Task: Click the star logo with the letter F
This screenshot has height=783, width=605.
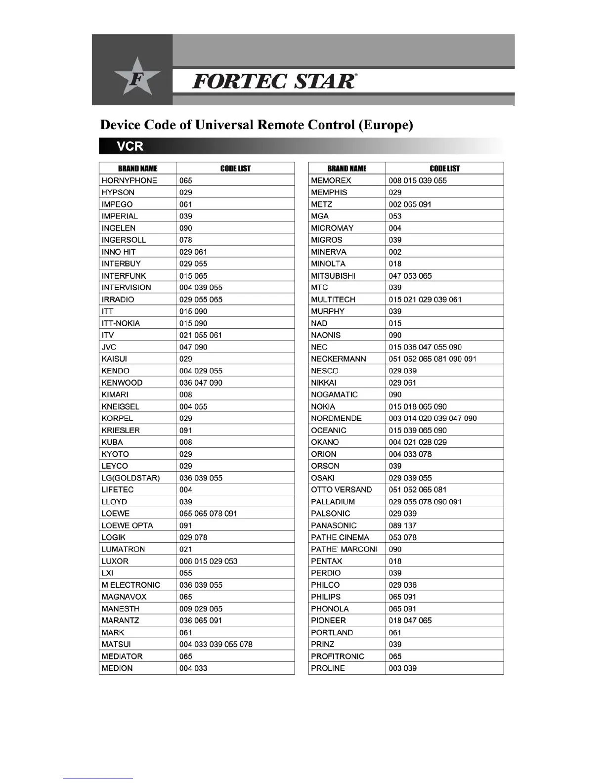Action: click(x=137, y=78)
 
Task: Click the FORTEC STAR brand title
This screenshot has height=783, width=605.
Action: click(x=273, y=81)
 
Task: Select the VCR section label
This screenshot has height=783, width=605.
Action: click(x=130, y=146)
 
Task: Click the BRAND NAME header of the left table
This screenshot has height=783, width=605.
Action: click(x=137, y=169)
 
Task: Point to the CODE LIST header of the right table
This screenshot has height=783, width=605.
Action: click(x=444, y=169)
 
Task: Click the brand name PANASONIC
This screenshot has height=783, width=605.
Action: click(x=334, y=525)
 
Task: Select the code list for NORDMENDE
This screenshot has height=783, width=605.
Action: click(x=432, y=418)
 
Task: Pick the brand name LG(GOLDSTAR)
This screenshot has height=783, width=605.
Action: click(x=130, y=478)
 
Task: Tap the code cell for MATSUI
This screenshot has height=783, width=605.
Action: click(x=216, y=645)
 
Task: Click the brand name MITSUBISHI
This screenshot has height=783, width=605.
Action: click(x=333, y=276)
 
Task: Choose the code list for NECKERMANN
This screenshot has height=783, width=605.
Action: click(x=432, y=359)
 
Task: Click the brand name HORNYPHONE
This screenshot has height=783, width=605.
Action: click(x=129, y=180)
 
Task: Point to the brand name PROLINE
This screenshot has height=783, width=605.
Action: click(x=328, y=668)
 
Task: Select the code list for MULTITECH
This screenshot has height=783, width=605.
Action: click(x=425, y=300)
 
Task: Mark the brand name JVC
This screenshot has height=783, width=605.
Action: click(x=109, y=347)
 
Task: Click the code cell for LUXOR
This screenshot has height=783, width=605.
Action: click(x=208, y=561)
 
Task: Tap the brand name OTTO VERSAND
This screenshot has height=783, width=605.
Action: click(x=341, y=490)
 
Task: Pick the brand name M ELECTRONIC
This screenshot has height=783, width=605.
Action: click(x=130, y=585)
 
